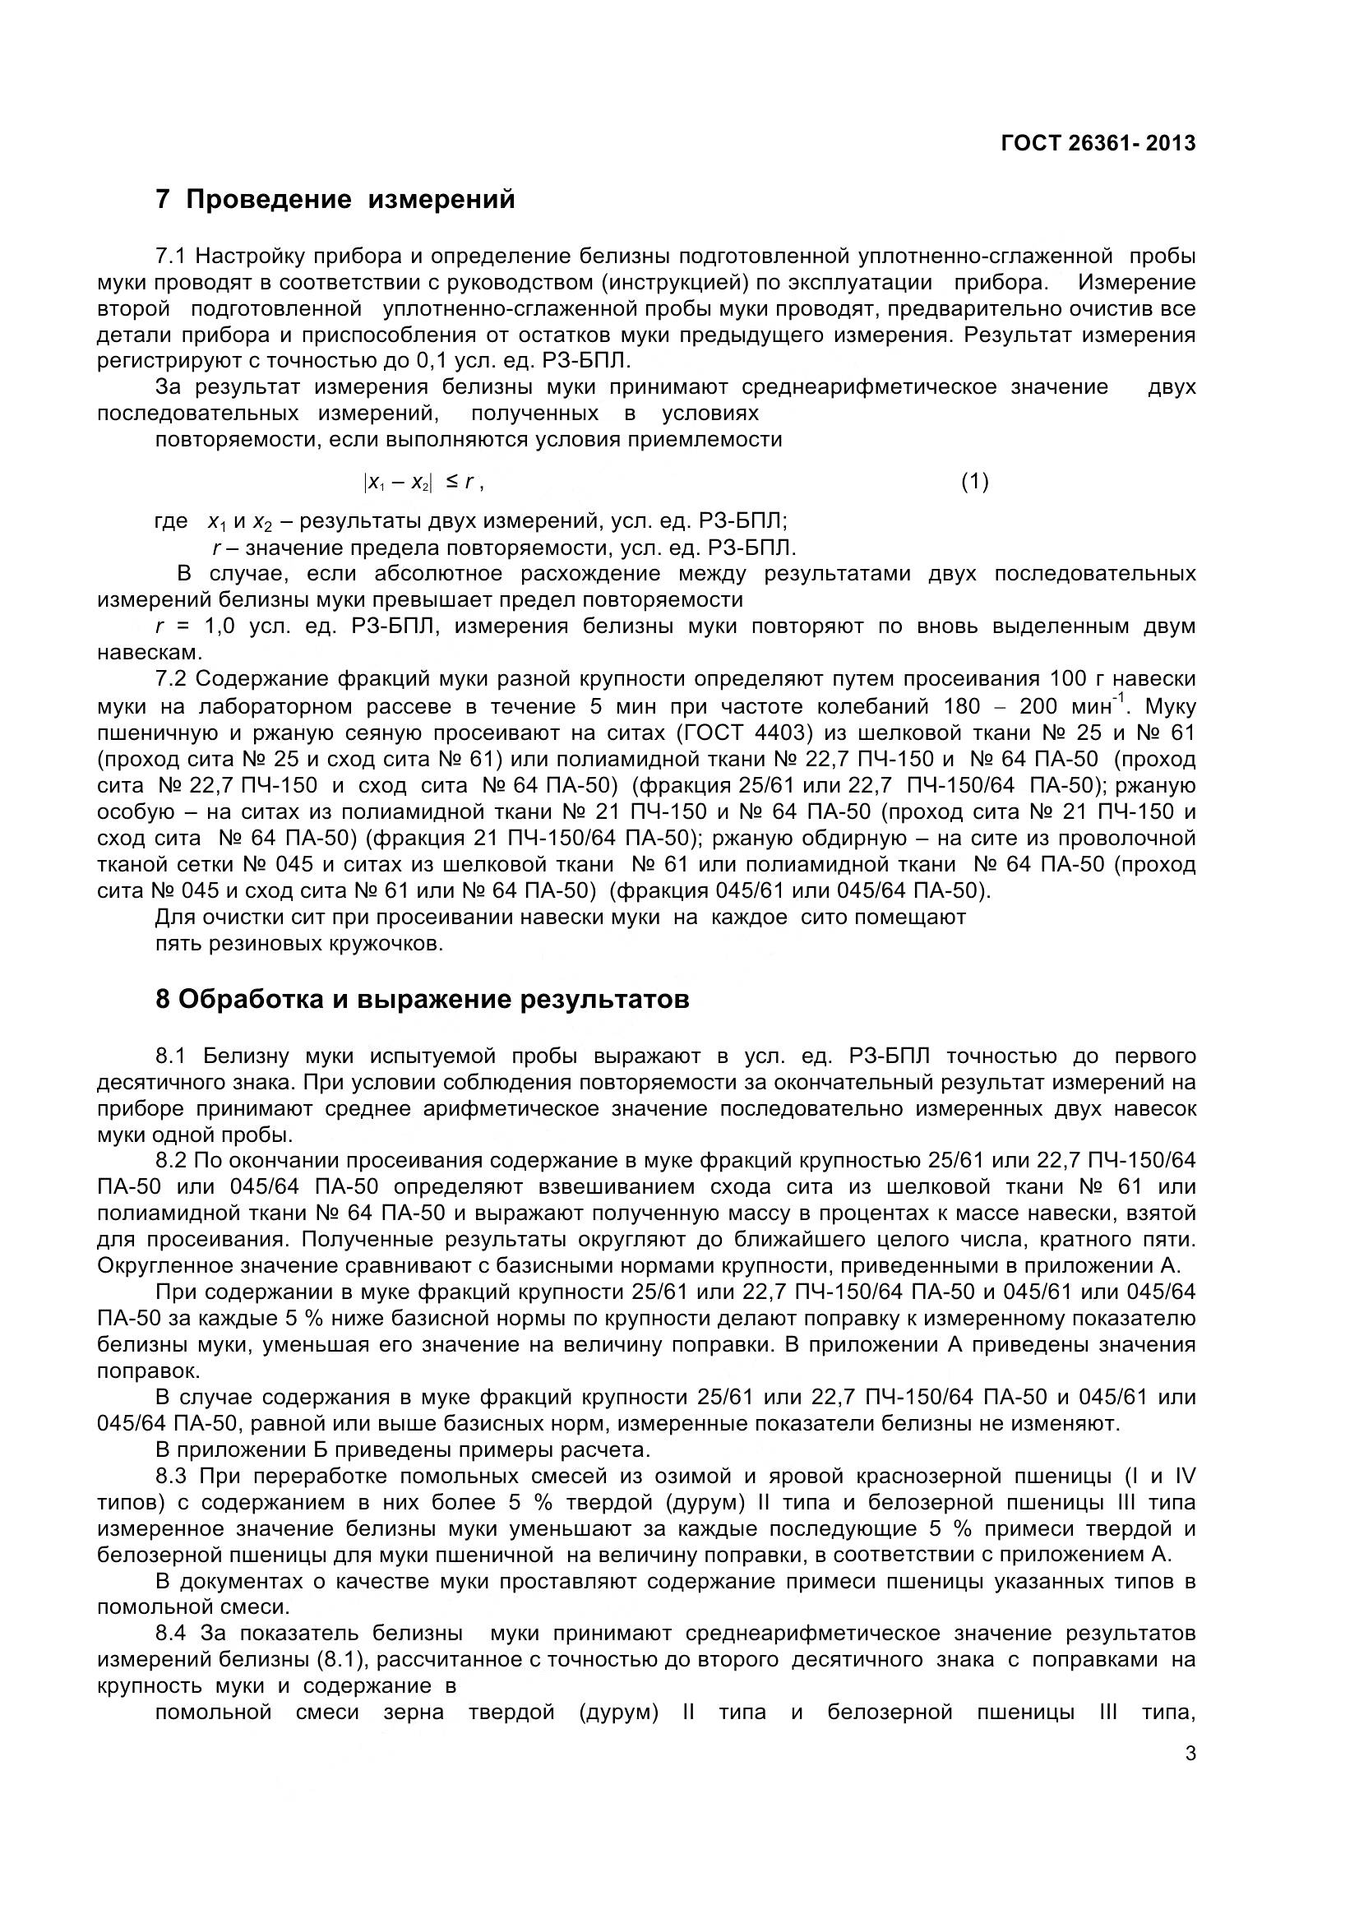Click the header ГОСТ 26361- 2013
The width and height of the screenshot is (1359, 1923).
pos(1098,144)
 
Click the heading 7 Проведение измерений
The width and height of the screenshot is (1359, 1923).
pos(335,200)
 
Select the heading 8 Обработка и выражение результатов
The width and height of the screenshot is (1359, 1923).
pos(423,1000)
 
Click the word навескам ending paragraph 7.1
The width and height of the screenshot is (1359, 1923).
pos(149,653)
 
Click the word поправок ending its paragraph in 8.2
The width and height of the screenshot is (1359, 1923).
pos(147,1371)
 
